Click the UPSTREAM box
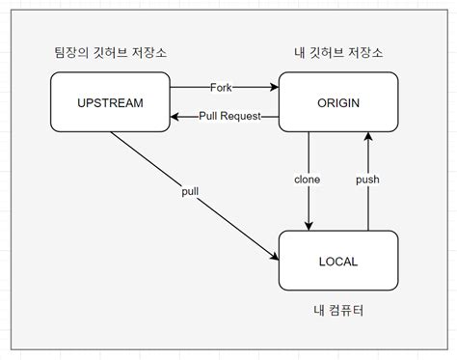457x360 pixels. click(110, 102)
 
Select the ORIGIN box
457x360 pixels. click(338, 102)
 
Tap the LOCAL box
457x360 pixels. click(338, 260)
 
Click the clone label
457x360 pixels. click(308, 180)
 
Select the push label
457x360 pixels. click(367, 180)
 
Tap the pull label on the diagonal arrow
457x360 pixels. click(189, 192)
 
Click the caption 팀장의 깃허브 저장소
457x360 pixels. click(110, 52)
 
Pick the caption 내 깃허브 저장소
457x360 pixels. click(337, 52)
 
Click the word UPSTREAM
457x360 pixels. click(110, 102)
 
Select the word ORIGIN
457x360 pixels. click(338, 102)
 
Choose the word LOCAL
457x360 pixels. click(338, 260)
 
